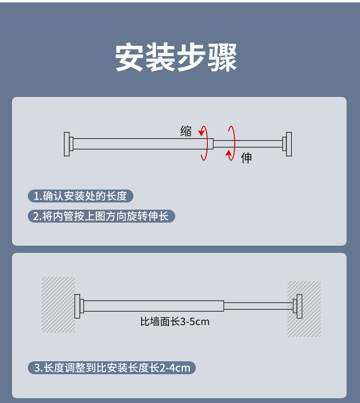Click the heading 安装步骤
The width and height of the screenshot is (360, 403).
click(177, 58)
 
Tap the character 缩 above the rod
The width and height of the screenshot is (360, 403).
click(186, 131)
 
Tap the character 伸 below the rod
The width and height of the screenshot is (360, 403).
click(246, 158)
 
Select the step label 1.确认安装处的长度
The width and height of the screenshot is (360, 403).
click(80, 196)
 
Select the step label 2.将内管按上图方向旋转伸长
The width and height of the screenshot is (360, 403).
click(101, 216)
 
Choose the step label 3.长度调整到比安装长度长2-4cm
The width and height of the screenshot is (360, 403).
click(112, 368)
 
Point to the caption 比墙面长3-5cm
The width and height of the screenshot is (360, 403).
click(175, 321)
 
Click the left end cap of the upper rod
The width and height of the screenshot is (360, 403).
click(67, 144)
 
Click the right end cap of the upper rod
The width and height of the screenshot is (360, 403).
click(288, 144)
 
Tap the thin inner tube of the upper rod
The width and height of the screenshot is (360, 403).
click(248, 144)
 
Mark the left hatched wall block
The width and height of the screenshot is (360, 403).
click(58, 305)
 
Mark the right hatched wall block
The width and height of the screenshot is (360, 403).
click(305, 309)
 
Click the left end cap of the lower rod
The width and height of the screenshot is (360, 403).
click(78, 306)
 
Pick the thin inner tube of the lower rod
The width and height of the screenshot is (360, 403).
click(258, 306)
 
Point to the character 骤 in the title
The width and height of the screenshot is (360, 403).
click(222, 58)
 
